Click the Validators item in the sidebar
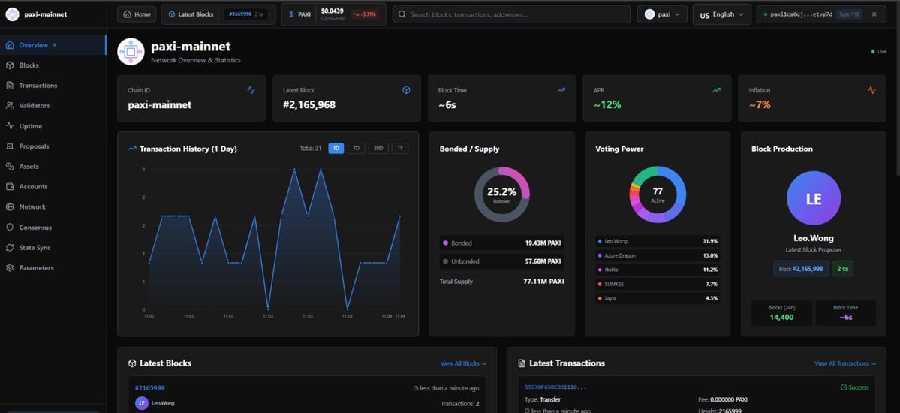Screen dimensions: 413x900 (x=34, y=106)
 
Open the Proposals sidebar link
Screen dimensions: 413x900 (x=34, y=146)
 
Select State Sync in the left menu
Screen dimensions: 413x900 (x=35, y=247)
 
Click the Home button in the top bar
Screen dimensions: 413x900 (x=137, y=14)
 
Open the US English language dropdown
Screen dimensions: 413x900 (x=721, y=14)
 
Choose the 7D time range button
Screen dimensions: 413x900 (x=357, y=149)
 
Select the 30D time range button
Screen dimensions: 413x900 (x=378, y=149)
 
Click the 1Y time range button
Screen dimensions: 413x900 (x=400, y=149)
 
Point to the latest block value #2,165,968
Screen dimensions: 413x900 (x=309, y=105)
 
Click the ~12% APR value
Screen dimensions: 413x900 (x=607, y=105)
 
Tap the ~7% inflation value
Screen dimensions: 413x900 (x=760, y=105)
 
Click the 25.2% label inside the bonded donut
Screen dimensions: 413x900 (x=501, y=192)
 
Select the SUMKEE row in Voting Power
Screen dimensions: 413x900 (x=616, y=284)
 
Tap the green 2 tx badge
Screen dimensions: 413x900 (x=842, y=269)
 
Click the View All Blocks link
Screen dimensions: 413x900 (x=463, y=363)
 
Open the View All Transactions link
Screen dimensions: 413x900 (x=844, y=363)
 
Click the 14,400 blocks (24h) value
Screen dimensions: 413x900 (x=781, y=317)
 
